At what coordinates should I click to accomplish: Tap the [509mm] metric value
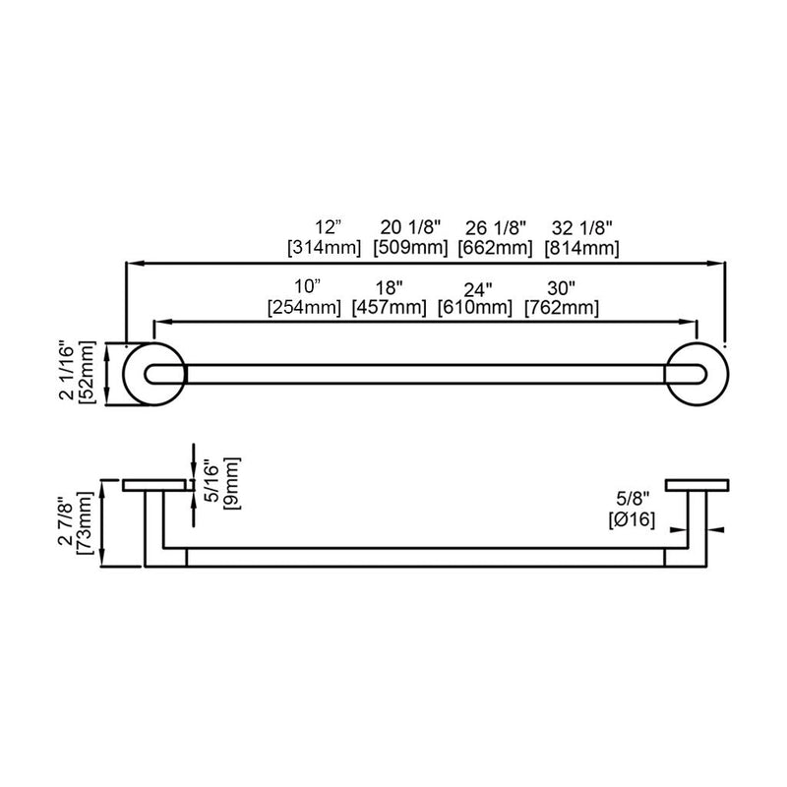click(x=411, y=248)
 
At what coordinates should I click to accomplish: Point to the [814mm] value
click(x=582, y=248)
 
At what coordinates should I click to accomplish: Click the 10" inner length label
click(x=308, y=287)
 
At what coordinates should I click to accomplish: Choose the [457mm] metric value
click(x=391, y=307)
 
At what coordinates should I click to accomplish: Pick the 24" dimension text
click(x=477, y=287)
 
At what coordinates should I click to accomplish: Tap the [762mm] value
click(x=562, y=307)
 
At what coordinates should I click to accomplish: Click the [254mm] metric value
click(x=305, y=307)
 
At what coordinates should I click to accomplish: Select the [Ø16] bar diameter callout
click(x=631, y=521)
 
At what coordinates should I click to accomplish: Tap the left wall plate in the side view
click(x=154, y=485)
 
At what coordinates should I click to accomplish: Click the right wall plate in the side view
click(x=696, y=485)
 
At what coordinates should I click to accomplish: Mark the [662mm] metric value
click(x=496, y=248)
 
